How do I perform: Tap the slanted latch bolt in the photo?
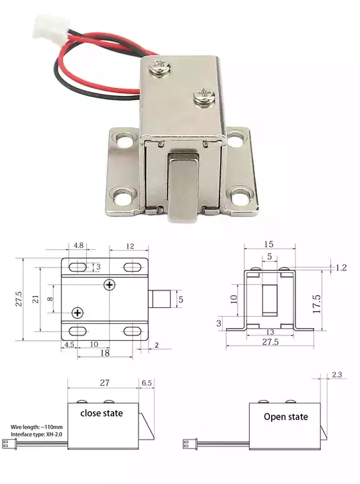pyautogui.click(x=183, y=188)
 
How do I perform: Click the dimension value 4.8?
pyautogui.click(x=79, y=245)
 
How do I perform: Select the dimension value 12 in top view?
pyautogui.click(x=130, y=246)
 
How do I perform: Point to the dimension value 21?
pyautogui.click(x=36, y=299)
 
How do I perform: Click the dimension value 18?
pyautogui.click(x=105, y=353)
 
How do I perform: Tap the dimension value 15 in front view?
pyautogui.click(x=268, y=244)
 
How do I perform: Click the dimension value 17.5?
pyautogui.click(x=317, y=304)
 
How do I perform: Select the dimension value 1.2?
pyautogui.click(x=341, y=268)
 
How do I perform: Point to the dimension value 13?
pyautogui.click(x=270, y=332)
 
